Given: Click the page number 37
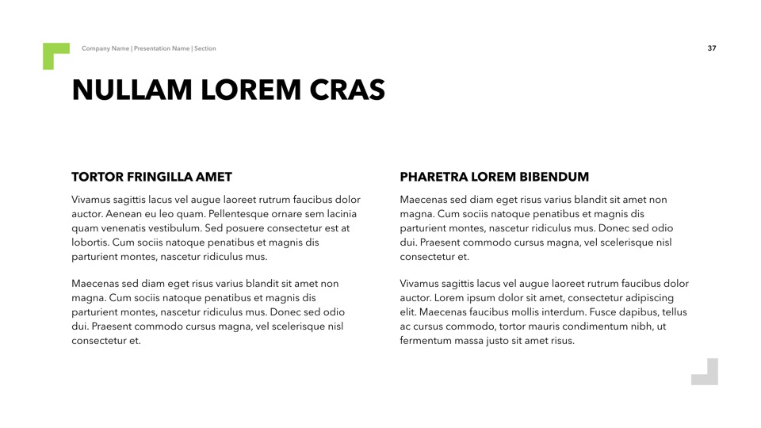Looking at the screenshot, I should coord(712,48).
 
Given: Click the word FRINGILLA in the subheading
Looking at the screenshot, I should coord(155,177).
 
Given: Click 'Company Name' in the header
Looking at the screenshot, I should coord(105,48).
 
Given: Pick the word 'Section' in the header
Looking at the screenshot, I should coord(205,48).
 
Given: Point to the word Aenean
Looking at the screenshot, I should coord(124,214).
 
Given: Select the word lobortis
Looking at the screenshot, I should coord(90,243).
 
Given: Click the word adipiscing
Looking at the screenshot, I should coord(645,298).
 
